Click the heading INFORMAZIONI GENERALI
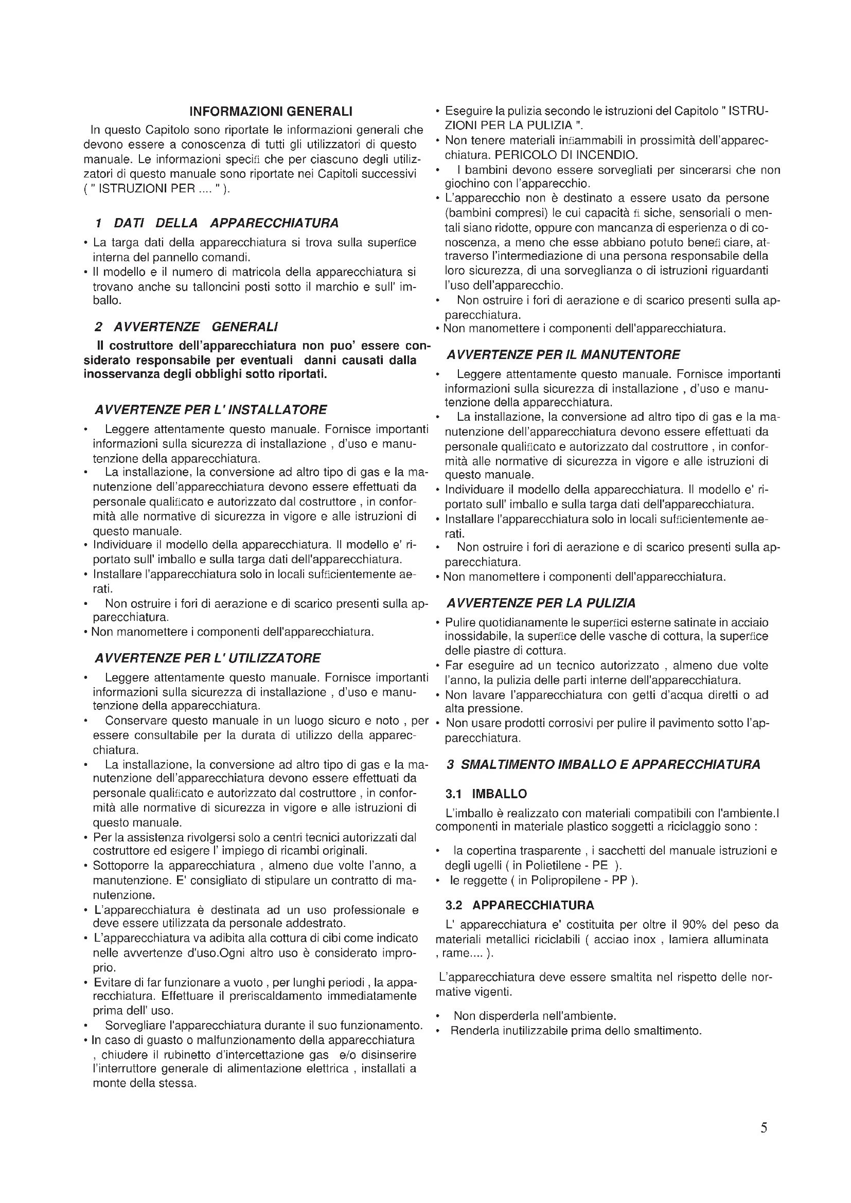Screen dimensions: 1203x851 point(271,111)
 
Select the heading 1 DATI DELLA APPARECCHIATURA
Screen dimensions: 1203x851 point(217,223)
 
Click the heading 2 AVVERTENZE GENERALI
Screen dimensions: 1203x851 point(187,327)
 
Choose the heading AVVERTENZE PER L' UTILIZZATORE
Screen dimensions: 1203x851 point(207,658)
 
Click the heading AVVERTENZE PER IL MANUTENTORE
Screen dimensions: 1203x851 point(563,355)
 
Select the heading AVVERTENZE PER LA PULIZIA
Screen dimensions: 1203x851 point(541,603)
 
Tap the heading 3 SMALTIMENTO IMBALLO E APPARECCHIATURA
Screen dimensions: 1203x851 point(603,764)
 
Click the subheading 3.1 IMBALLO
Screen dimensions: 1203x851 point(486,794)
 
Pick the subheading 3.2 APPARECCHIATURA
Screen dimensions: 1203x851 point(520,905)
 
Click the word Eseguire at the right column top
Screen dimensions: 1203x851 point(469,112)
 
